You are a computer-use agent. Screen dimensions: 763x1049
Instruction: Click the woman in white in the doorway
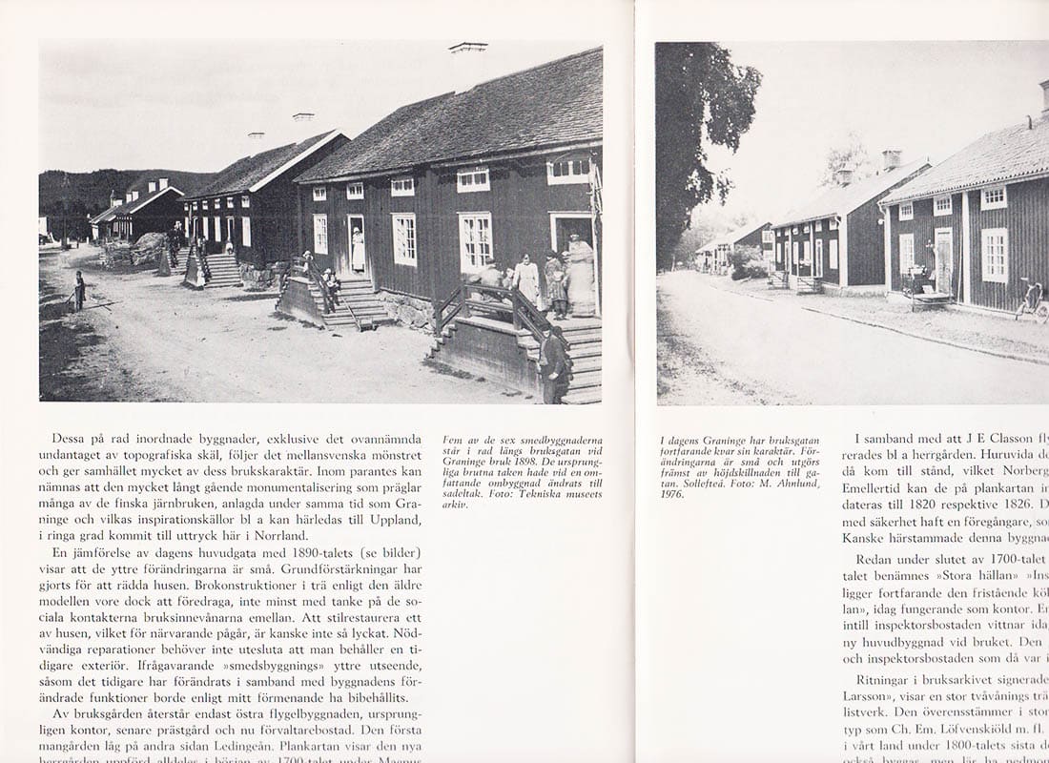(358, 250)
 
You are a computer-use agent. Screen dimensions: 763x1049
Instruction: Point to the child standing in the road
(80, 290)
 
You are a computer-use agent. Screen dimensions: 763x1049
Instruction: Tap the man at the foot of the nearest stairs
(554, 362)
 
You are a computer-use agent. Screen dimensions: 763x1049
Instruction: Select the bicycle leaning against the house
(1032, 298)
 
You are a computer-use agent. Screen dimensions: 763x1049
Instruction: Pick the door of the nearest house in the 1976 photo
(943, 260)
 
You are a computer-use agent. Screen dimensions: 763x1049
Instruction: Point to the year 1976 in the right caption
(672, 495)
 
